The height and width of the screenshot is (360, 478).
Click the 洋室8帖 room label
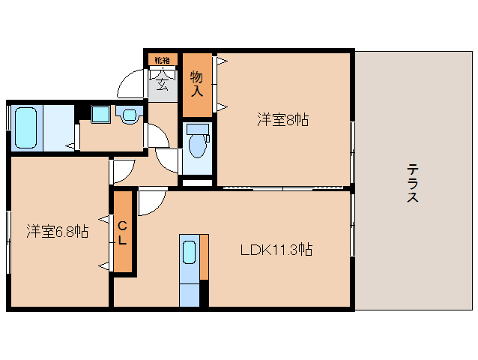coord(283,118)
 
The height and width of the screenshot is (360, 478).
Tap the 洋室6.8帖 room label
coord(58,232)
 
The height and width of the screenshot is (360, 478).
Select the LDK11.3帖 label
coord(276,250)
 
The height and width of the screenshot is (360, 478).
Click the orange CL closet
coord(123,232)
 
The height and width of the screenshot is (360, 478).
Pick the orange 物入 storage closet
coord(197,83)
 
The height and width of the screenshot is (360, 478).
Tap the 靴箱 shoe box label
coord(162,59)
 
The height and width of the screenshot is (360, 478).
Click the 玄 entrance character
coord(163,79)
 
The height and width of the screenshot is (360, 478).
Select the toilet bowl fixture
coord(198,142)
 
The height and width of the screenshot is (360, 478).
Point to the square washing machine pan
coord(101,115)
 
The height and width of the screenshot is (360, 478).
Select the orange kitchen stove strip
coord(204,259)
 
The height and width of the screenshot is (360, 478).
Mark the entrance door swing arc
coord(135,82)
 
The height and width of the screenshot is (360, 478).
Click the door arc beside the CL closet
coord(150,200)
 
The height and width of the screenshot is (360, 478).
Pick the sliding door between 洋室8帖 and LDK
coord(283,187)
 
